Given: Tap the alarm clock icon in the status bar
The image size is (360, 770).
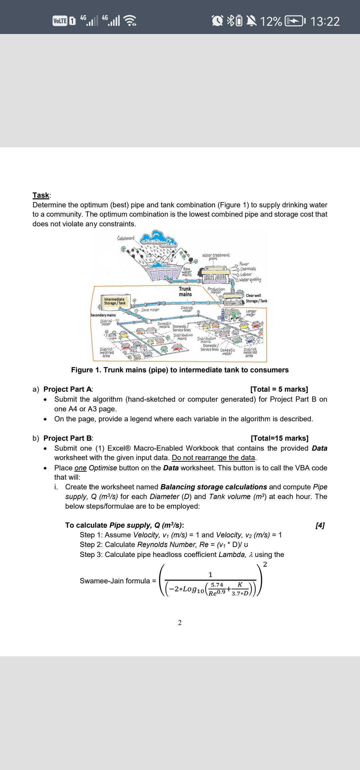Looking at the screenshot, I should [218, 21].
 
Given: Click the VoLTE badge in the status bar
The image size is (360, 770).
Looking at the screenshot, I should [60, 21].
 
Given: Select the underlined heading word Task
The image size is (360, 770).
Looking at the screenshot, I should [41, 195].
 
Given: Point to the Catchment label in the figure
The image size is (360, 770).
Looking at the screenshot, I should [126, 238].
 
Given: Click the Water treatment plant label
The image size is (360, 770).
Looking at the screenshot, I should [215, 256].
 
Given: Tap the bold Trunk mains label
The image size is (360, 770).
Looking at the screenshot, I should [185, 292].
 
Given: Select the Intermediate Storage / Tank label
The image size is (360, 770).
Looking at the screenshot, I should [114, 301].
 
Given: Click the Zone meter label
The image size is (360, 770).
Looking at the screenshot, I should [150, 310].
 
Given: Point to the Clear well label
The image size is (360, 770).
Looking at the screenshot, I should [253, 296].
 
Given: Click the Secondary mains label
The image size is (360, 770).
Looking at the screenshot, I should [103, 315].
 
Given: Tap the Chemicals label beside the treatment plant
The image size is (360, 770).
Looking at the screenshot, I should [248, 269].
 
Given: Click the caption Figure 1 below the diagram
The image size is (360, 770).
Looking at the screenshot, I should [180, 370].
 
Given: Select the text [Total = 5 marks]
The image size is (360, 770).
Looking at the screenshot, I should [279, 389].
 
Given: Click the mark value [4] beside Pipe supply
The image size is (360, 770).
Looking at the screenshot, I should [320, 525].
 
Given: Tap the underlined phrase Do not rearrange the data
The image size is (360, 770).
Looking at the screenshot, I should [214, 458].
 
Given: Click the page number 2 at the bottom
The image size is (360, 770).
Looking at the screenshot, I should [180, 623].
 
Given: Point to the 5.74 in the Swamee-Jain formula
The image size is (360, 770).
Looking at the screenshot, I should [217, 585].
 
